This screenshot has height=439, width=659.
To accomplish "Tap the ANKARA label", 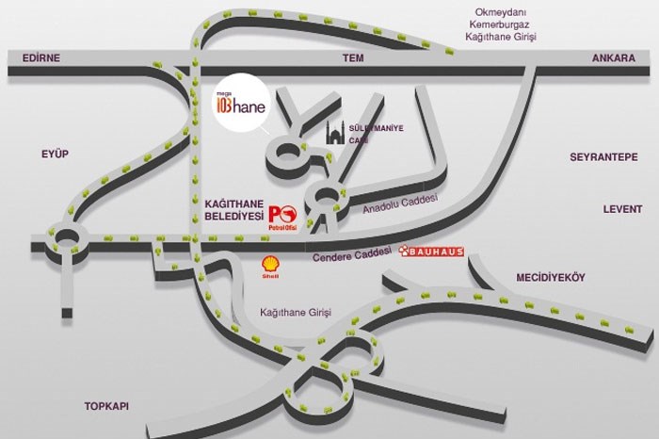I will tap(615, 57).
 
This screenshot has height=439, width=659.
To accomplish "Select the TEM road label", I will tap(353, 57).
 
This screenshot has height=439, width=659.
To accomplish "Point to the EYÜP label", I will tap(56, 153).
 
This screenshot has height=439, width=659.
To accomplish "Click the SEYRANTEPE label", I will tap(603, 156).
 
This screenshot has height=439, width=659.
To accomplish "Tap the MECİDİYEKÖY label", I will tap(551, 277).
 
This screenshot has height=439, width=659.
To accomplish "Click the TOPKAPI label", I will tap(106, 406).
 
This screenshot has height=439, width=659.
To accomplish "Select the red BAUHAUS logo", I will tap(431, 252).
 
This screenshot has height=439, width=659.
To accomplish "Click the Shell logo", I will tap(270, 267).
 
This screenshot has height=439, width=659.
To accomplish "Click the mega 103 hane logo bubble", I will tap(234, 106).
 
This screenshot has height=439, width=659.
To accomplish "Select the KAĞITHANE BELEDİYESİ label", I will tap(233, 209).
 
